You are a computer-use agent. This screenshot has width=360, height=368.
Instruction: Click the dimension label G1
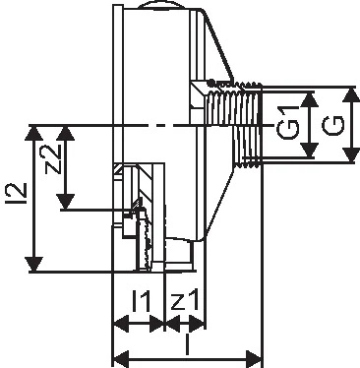287,125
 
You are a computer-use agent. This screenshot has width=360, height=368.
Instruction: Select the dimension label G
332,125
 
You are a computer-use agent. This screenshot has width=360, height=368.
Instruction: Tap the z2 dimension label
53,159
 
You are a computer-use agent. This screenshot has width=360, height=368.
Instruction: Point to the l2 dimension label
16,194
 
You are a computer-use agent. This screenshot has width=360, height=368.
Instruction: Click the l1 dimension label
142,301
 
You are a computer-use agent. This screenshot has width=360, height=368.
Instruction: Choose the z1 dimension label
185,301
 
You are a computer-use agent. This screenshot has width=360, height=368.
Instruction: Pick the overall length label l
187,344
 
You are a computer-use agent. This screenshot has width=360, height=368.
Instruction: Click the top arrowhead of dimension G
350,95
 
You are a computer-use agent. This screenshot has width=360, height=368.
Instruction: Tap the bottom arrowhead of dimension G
350,154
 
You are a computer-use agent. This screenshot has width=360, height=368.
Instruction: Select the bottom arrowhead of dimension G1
310,150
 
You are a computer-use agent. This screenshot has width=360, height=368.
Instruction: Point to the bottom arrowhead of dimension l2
34,264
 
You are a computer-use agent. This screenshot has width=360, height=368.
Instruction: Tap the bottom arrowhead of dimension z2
66,202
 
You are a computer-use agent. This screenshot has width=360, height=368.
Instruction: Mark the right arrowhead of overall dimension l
254,358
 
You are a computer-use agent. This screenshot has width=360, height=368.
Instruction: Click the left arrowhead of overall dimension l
121,358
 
